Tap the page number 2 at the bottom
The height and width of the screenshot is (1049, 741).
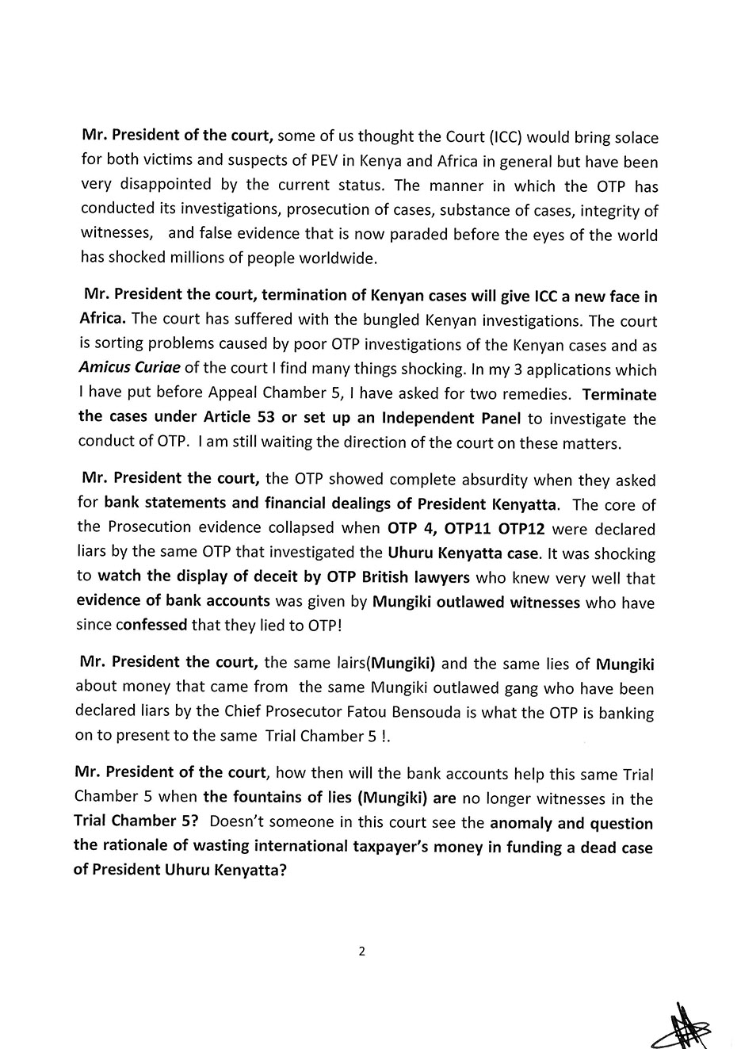coord(362,952)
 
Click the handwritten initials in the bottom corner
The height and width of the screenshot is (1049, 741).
coord(689,1023)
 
